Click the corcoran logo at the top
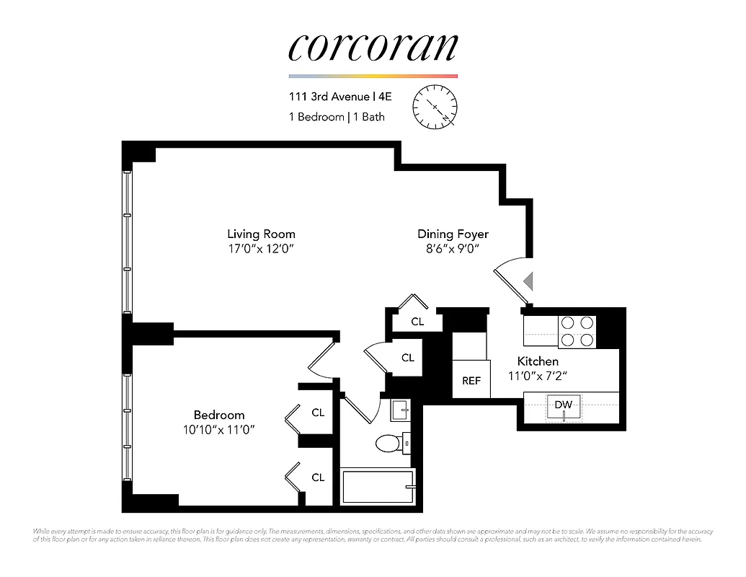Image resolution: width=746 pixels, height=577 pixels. (373, 47)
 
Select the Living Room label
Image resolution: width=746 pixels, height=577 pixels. (261, 234)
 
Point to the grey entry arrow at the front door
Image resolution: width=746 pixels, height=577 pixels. (528, 281)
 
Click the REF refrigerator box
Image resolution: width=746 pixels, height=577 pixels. (471, 380)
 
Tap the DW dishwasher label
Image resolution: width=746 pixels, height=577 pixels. (563, 405)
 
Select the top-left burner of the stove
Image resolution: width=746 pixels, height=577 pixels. (568, 323)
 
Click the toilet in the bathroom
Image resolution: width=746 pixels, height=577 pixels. (390, 442)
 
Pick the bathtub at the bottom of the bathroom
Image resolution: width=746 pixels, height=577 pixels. (378, 487)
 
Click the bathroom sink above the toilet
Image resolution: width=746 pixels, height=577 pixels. (399, 410)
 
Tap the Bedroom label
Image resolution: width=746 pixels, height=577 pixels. (219, 415)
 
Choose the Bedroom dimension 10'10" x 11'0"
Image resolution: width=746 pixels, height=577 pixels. (219, 429)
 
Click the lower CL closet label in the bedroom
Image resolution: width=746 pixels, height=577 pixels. (318, 477)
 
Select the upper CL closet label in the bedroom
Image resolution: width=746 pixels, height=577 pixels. (318, 413)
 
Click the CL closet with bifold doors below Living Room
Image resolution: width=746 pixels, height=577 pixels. (417, 322)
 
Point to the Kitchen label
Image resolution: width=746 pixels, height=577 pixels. (538, 361)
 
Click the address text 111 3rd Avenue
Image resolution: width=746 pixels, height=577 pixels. (329, 97)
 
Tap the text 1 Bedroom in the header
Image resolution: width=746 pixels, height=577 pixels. (316, 117)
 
